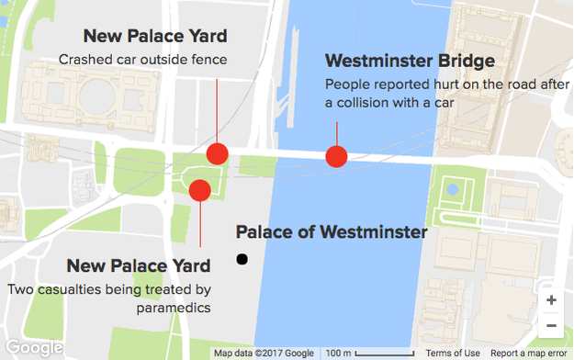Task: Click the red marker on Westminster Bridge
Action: (x=337, y=158)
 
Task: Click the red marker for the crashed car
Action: (x=218, y=153)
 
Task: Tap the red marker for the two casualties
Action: (x=199, y=190)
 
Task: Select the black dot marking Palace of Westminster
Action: (x=242, y=260)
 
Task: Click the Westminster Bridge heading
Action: (x=410, y=62)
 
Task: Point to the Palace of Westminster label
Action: (x=332, y=232)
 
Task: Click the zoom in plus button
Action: (x=551, y=300)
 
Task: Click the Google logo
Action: (x=32, y=348)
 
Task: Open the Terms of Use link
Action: (x=453, y=354)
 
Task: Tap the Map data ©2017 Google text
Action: (x=264, y=354)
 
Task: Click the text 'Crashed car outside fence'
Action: (x=142, y=60)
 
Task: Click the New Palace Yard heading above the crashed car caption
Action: (x=154, y=37)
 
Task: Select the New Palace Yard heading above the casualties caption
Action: (x=139, y=266)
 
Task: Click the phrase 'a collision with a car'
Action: (x=390, y=103)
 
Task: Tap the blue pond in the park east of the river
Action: (x=452, y=190)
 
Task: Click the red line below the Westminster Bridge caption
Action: (x=337, y=133)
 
